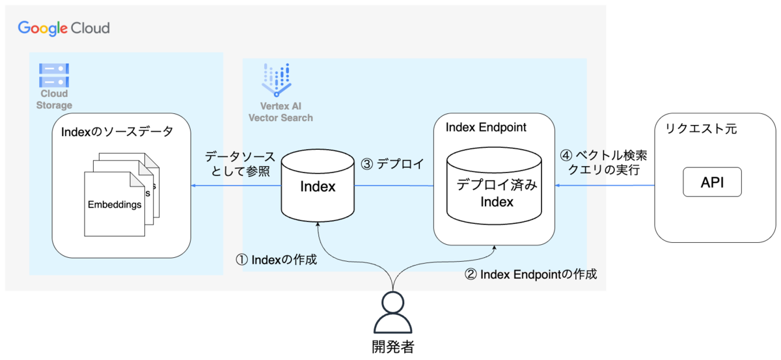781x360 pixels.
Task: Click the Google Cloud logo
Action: click(x=64, y=28)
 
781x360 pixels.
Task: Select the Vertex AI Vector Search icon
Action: click(x=277, y=80)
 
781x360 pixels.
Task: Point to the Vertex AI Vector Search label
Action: click(x=281, y=112)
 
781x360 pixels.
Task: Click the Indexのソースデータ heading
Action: click(x=117, y=132)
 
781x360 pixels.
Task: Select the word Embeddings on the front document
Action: click(x=115, y=204)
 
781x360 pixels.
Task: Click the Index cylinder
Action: click(x=318, y=187)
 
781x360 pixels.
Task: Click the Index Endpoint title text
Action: click(x=486, y=127)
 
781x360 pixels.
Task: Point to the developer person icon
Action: click(x=393, y=312)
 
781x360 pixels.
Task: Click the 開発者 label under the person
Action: click(x=392, y=347)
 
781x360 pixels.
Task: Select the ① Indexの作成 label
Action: click(x=276, y=260)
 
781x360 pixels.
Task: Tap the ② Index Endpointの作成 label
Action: click(x=530, y=274)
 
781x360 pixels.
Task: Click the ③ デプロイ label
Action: click(x=392, y=164)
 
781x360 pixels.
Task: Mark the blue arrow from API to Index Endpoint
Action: click(x=605, y=186)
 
